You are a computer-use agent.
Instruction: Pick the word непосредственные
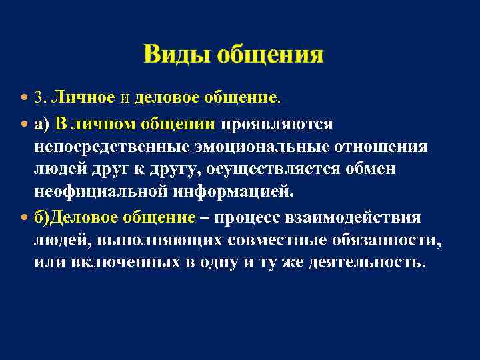click(x=111, y=146)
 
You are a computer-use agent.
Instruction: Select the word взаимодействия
click(x=354, y=217)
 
